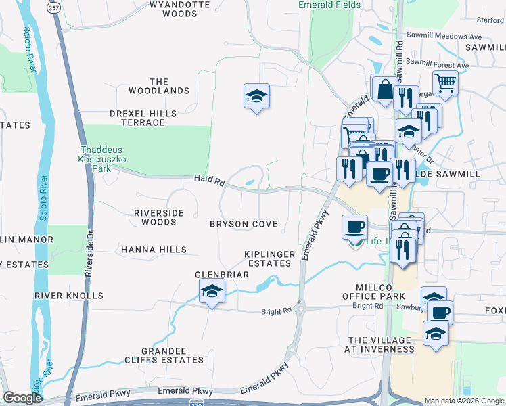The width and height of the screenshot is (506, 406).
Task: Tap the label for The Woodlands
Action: point(159,86)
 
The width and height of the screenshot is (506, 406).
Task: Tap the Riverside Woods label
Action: point(159,217)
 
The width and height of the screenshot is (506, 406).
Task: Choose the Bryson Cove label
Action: point(244,224)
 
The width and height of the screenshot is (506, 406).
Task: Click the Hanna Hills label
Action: point(154,250)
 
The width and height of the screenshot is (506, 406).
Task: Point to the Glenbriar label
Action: point(222,275)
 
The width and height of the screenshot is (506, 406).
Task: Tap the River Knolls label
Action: point(69,296)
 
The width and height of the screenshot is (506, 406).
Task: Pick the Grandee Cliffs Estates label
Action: point(164,355)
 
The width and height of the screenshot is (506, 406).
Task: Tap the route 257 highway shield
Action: point(54,6)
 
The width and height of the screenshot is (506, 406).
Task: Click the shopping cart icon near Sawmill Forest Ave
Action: point(445,83)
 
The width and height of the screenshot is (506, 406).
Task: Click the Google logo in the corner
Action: point(22,398)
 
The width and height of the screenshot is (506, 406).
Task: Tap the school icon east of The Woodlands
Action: point(257,96)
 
